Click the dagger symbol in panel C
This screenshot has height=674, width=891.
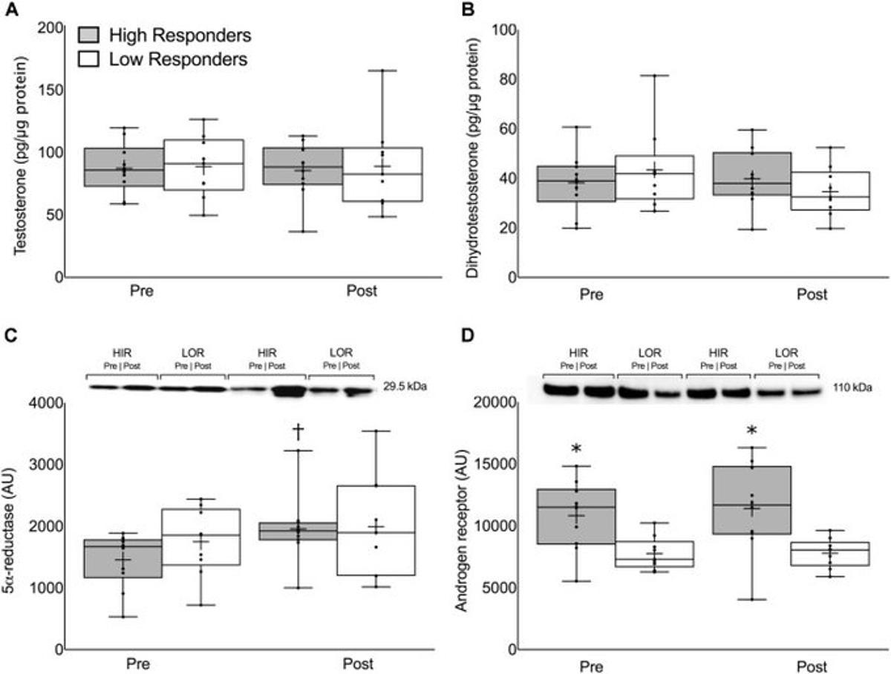click(x=298, y=431)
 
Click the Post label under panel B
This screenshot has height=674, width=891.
click(x=812, y=294)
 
